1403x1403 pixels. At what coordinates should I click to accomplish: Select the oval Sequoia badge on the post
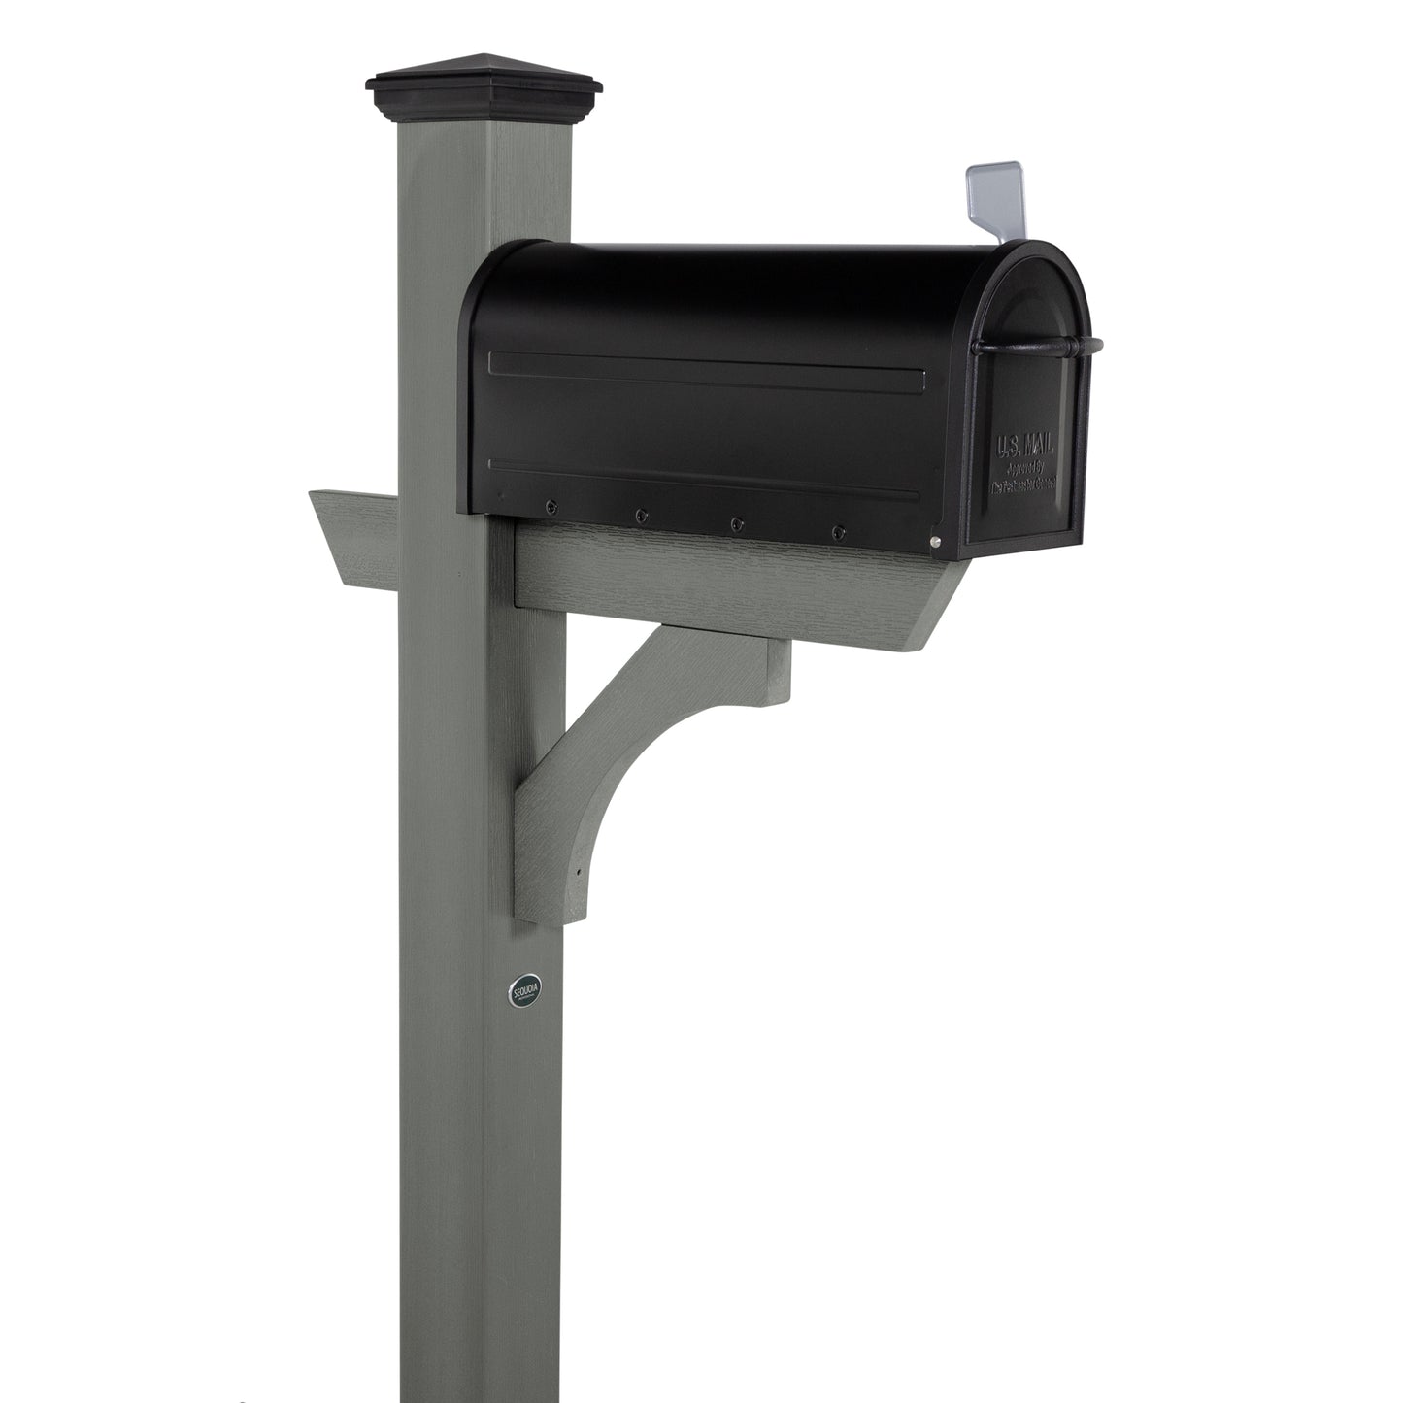click(x=523, y=992)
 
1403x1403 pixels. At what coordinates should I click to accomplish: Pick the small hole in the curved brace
click(x=580, y=870)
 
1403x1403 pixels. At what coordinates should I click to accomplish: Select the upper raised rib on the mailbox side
click(x=704, y=369)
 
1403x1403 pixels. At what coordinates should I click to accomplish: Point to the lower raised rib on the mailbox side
click(x=704, y=482)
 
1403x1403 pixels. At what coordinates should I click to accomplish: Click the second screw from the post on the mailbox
click(x=642, y=514)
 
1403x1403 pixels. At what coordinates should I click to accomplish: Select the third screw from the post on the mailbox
click(x=737, y=522)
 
